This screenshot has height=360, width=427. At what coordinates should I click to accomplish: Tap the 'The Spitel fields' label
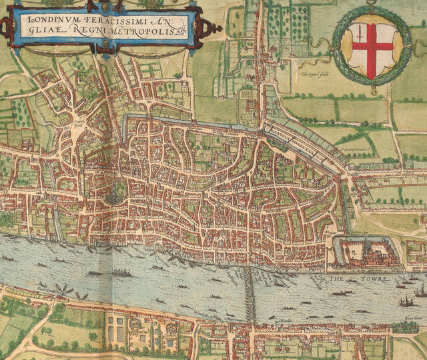316,74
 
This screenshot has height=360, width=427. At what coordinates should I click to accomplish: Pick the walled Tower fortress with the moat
366,253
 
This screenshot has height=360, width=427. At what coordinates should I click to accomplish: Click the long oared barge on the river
121,272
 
